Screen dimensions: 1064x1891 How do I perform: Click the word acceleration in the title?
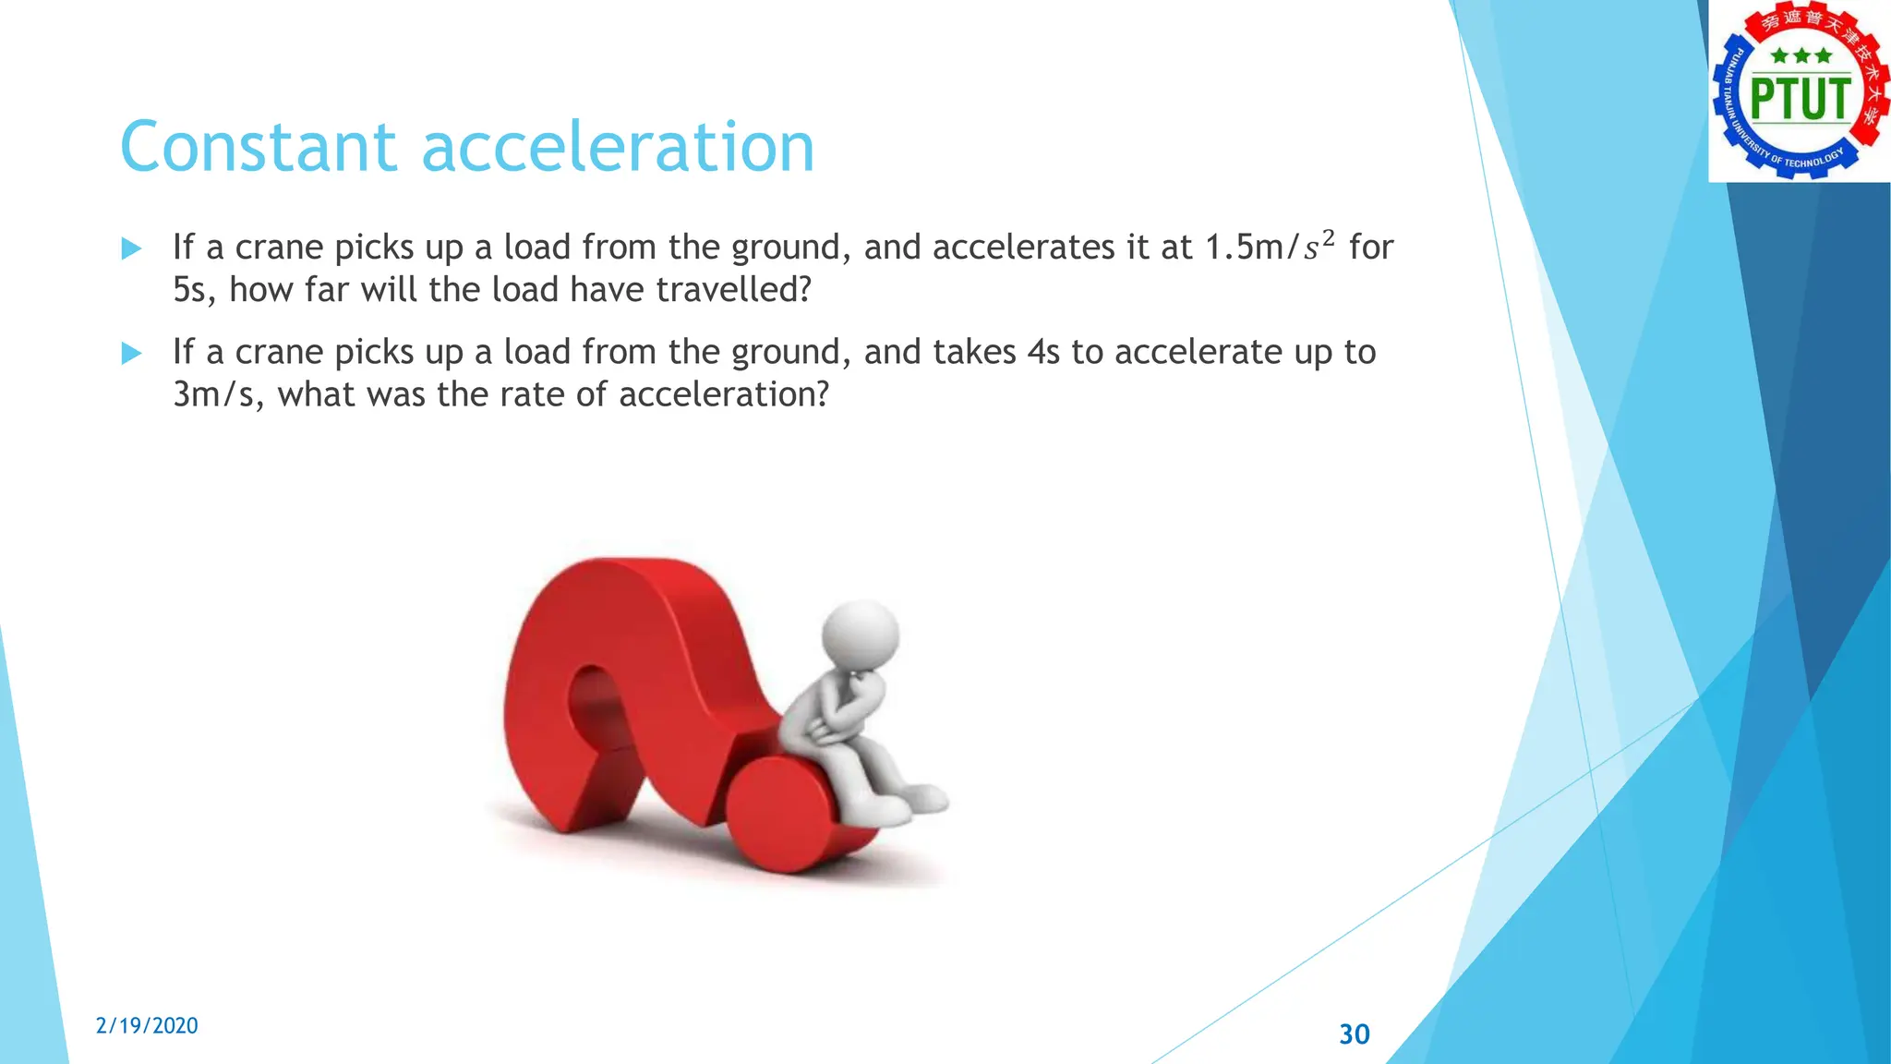pos(618,147)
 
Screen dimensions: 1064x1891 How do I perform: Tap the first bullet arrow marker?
pos(132,248)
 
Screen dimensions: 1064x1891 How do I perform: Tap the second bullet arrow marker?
pos(132,353)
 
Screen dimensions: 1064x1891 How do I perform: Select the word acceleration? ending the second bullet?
pos(724,394)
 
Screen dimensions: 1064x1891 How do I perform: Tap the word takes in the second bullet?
pos(974,352)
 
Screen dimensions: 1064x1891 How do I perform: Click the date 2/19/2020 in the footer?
pos(147,1025)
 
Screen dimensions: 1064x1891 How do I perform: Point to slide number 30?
pos(1355,1034)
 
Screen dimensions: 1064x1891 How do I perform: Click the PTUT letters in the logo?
pos(1800,99)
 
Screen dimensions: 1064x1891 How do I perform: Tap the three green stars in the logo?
pos(1801,56)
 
